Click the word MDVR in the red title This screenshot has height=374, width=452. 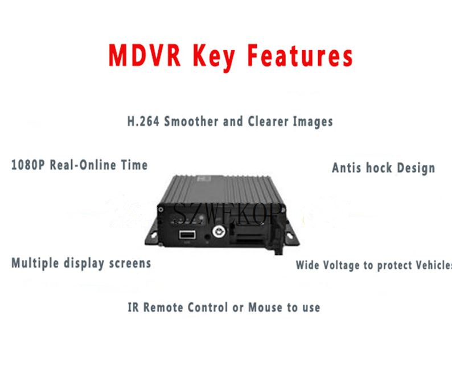point(145,55)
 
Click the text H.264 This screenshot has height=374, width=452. point(143,121)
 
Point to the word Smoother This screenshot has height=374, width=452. point(191,121)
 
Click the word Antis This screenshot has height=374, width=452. point(347,168)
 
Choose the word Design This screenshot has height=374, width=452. point(416,168)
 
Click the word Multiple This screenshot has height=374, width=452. point(35,264)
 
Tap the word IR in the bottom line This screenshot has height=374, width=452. point(133,307)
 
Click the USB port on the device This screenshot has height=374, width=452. point(187,235)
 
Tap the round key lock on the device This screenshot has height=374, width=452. point(219,231)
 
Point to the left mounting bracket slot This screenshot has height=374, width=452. point(153,236)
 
